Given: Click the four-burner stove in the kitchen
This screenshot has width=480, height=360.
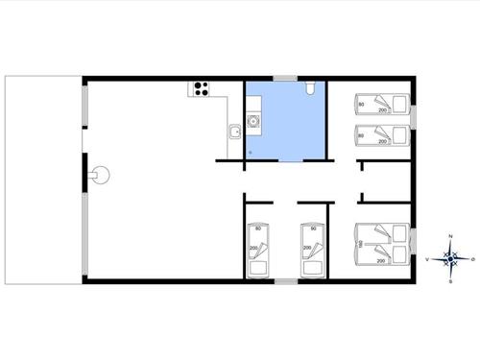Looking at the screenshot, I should click(x=202, y=89).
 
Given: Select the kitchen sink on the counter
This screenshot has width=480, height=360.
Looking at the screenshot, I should click(x=234, y=132).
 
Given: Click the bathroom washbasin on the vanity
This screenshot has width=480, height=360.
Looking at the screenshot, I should click(x=253, y=122).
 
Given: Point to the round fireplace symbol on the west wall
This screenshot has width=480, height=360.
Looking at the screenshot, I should click(x=101, y=175).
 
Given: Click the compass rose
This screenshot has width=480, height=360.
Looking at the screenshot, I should click(x=449, y=257).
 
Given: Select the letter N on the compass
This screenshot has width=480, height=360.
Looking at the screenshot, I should click(x=450, y=236).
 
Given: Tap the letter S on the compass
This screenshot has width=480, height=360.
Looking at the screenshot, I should click(x=450, y=280).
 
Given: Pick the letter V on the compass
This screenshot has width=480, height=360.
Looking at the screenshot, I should click(x=426, y=258).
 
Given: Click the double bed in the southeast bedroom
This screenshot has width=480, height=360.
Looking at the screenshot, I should click(x=381, y=244).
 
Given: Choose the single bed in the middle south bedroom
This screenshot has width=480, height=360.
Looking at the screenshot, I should click(x=312, y=250).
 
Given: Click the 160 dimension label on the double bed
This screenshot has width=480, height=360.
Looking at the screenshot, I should click(x=360, y=245).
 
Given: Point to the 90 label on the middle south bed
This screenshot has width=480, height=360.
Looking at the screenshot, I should click(x=312, y=228).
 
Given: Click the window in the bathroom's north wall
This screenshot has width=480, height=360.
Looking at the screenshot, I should click(x=285, y=78).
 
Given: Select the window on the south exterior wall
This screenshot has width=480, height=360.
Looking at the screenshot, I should click(x=285, y=281).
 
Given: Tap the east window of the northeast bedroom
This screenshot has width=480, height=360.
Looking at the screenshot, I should click(x=417, y=118).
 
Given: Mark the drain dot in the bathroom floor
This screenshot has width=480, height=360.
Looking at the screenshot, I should click(x=251, y=151).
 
